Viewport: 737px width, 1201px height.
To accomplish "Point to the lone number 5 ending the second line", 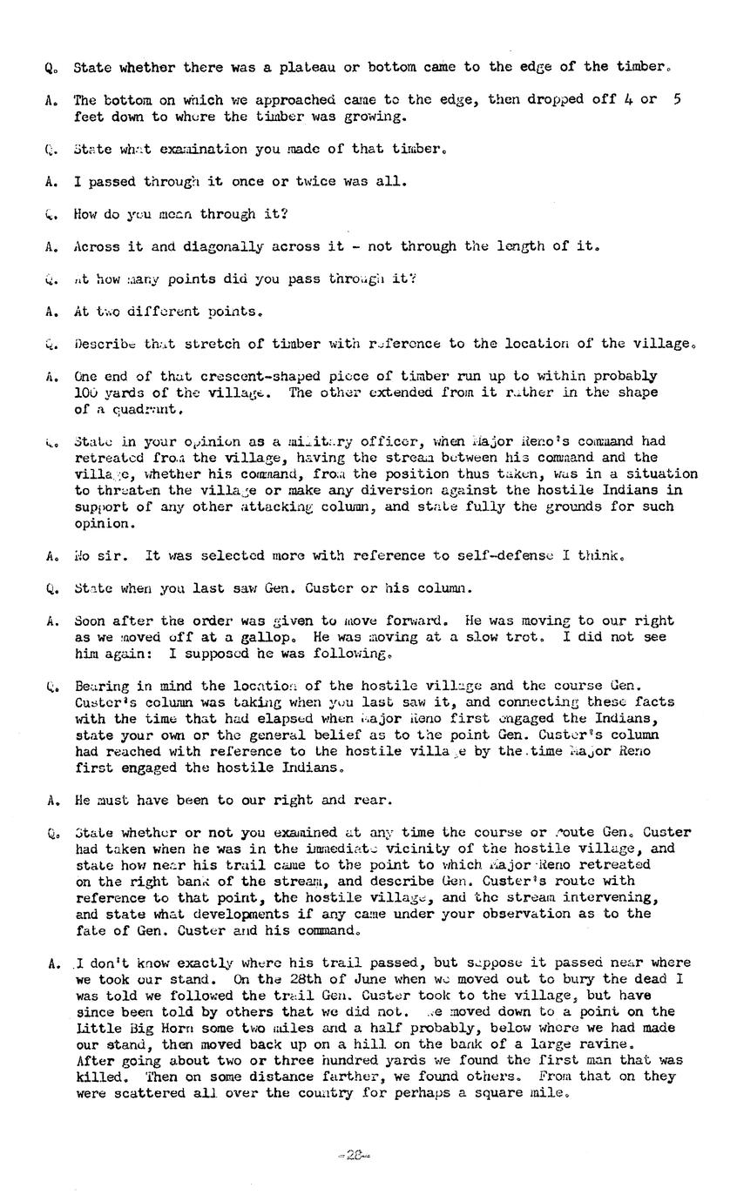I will (677, 99).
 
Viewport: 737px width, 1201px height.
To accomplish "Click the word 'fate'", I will (91, 930).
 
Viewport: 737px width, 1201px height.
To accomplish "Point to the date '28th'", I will (288, 979).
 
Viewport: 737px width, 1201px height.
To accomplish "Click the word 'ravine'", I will (603, 1043).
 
